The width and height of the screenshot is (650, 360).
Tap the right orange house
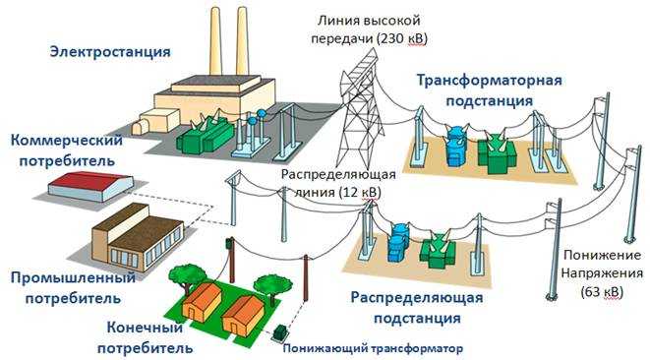[243, 313]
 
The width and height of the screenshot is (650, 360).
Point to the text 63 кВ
[596, 292]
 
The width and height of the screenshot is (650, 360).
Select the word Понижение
[596, 254]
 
